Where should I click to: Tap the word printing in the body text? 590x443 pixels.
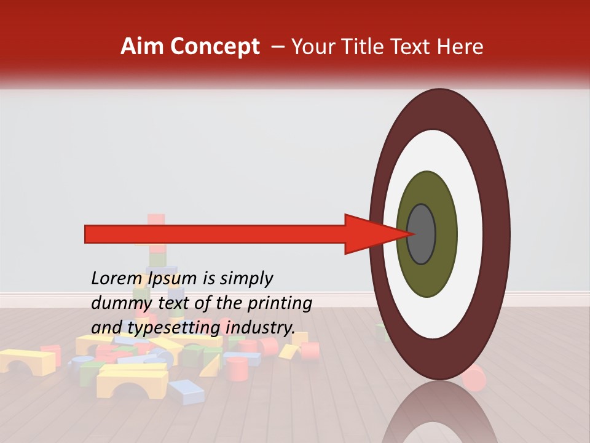(280, 303)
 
